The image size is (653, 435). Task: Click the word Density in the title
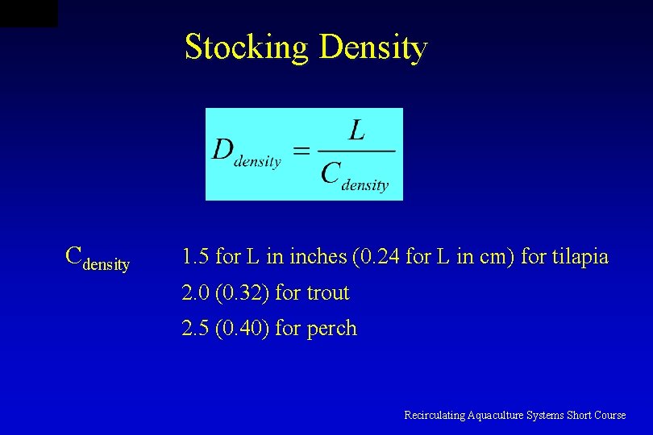(373, 48)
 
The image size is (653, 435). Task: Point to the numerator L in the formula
(356, 130)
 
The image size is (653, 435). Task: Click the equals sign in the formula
(300, 151)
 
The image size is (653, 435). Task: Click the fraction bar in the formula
(356, 151)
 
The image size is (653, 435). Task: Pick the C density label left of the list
(97, 258)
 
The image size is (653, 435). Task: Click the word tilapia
(580, 257)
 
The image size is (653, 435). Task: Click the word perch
(331, 329)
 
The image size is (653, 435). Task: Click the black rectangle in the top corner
(28, 13)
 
